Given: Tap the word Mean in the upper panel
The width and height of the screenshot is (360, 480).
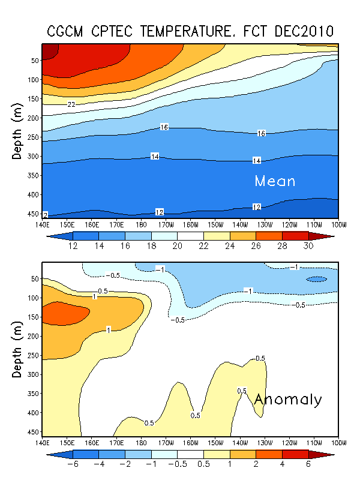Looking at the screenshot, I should (x=275, y=181).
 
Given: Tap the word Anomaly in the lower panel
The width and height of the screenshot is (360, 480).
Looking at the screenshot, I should (x=288, y=400).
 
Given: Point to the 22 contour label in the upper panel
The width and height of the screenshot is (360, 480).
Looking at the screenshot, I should (x=71, y=104).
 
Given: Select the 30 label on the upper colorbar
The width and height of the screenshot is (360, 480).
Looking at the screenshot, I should (x=308, y=247).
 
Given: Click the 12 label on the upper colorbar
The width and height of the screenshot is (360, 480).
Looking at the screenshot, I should (x=74, y=247).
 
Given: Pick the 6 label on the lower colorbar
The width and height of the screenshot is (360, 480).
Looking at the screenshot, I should (x=308, y=465).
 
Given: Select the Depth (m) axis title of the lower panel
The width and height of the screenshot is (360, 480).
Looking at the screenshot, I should (x=17, y=348).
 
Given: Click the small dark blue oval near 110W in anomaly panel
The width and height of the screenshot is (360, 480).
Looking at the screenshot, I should (x=316, y=279).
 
